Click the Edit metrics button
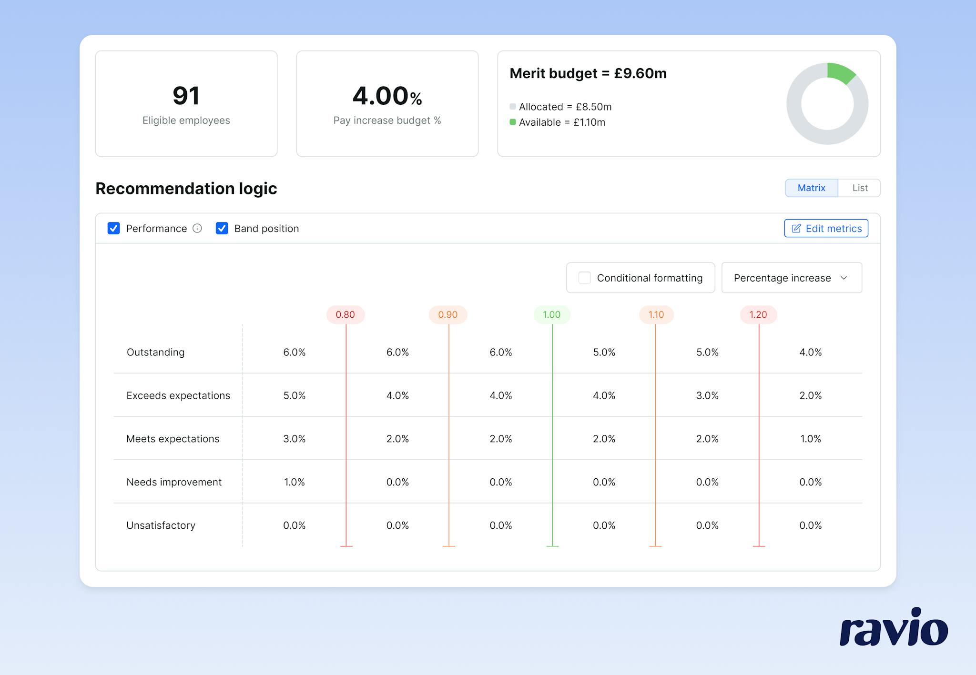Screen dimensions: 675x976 (x=826, y=228)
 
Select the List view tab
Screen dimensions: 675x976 (x=859, y=188)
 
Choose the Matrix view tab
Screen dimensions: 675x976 (x=811, y=188)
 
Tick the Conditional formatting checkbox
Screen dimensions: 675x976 (x=584, y=278)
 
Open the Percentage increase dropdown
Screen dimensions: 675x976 (x=791, y=278)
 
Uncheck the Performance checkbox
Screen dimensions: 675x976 (x=114, y=228)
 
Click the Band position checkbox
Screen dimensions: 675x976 (x=222, y=228)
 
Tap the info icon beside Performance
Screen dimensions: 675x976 (x=197, y=228)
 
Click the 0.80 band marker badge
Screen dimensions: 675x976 (x=346, y=314)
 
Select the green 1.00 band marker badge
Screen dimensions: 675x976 (x=552, y=314)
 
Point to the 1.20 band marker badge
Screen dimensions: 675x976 (x=758, y=314)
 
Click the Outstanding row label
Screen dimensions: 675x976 (x=155, y=352)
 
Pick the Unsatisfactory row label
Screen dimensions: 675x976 (x=161, y=525)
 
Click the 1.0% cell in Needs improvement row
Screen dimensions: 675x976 (x=295, y=482)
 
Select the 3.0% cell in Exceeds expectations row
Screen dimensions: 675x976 (x=707, y=395)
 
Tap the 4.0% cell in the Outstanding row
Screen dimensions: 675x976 (x=810, y=352)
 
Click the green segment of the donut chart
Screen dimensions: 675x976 (x=841, y=72)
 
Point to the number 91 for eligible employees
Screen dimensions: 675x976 (x=186, y=95)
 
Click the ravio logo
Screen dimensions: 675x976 (x=894, y=627)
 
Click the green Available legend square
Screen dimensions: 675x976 (x=513, y=122)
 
